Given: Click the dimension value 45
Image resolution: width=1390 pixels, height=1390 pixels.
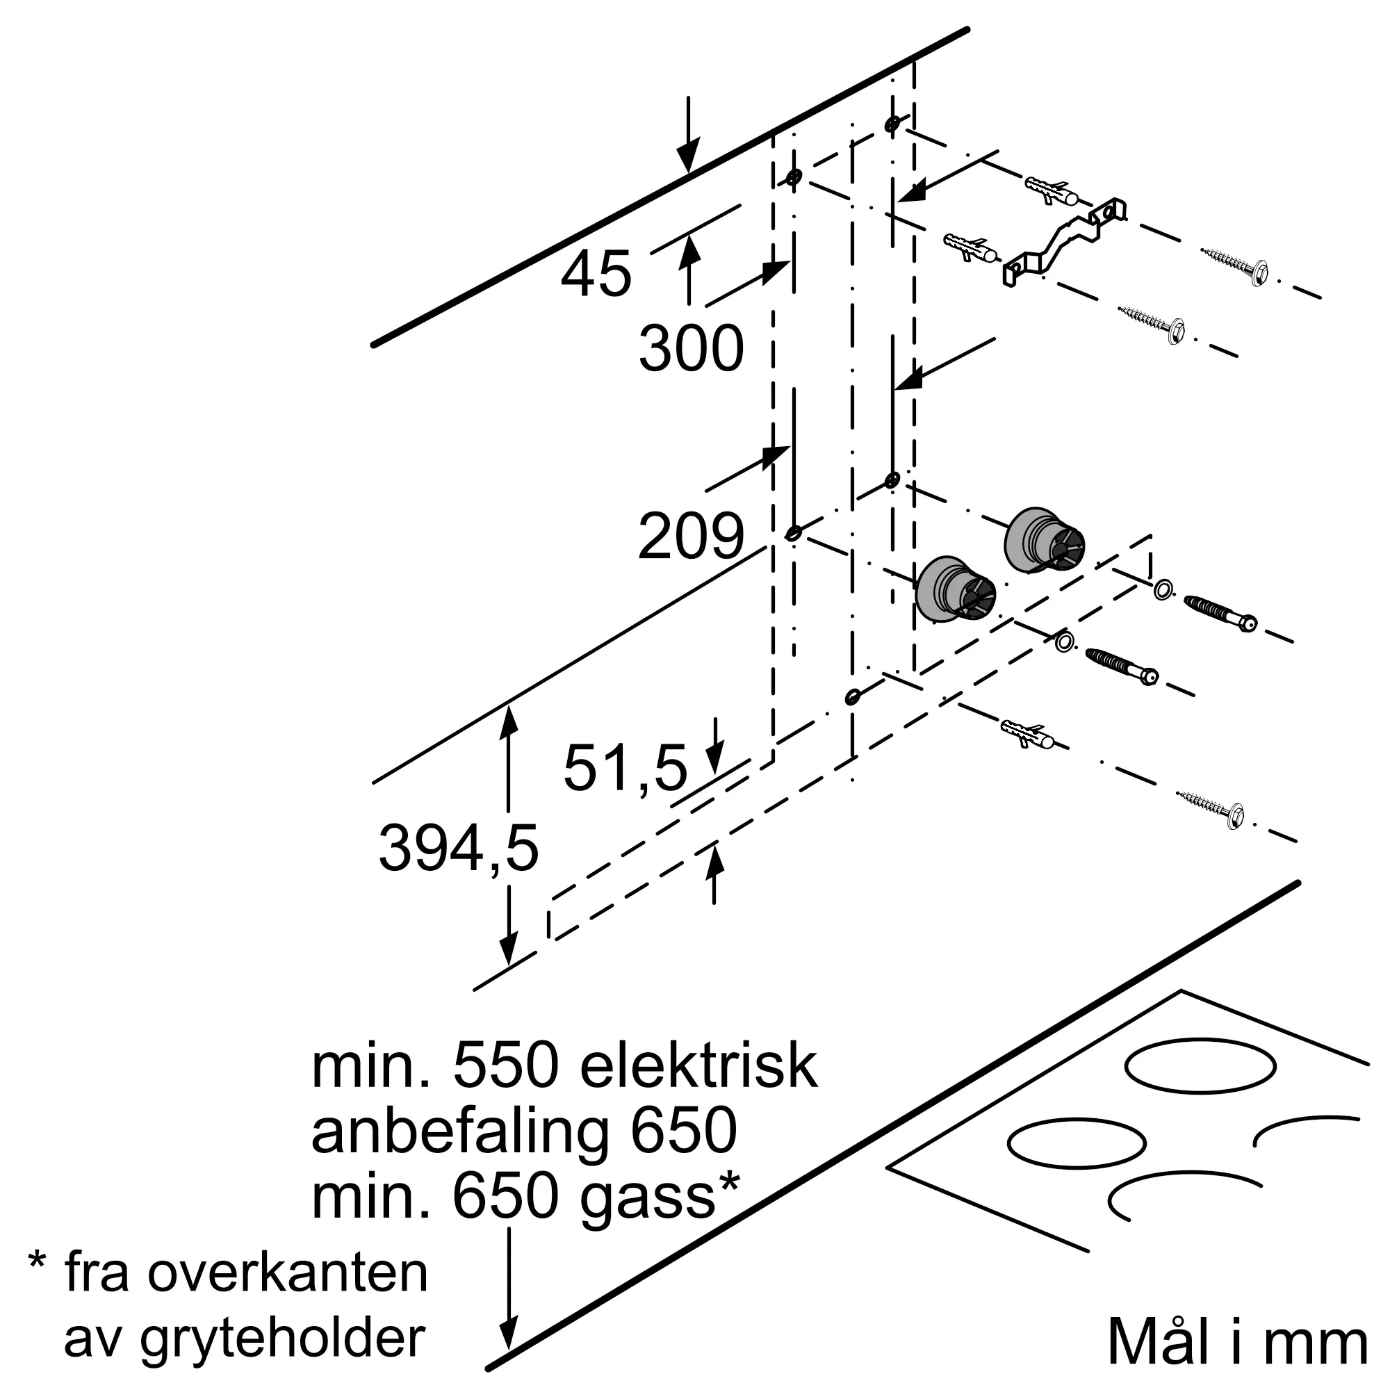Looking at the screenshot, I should [596, 275].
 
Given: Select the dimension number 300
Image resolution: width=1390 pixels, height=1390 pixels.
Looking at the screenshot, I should [691, 349].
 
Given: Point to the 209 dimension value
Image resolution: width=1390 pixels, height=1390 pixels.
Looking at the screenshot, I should [691, 537].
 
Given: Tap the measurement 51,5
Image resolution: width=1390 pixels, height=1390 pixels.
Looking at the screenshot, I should [625, 769].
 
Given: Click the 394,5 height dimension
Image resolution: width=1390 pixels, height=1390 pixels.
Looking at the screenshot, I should [458, 850].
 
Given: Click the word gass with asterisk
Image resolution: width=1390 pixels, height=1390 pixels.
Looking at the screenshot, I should [659, 1197].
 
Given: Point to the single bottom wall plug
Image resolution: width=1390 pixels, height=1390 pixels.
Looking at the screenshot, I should [1028, 734].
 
